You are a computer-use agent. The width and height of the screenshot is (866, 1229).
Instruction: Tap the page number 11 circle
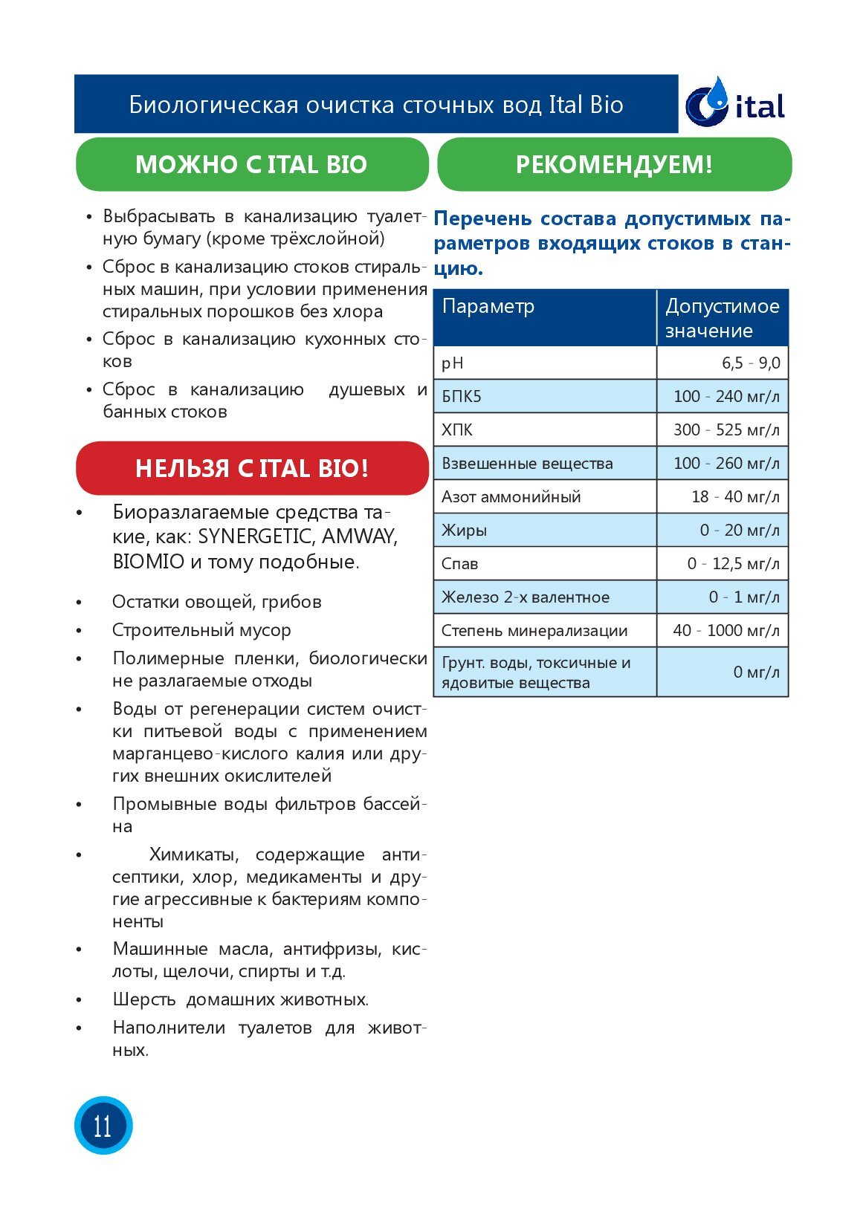(103, 1125)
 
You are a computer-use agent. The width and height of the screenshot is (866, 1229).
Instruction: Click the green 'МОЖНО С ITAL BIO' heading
(251, 164)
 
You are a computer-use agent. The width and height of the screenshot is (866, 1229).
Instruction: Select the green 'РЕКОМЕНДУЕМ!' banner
(614, 164)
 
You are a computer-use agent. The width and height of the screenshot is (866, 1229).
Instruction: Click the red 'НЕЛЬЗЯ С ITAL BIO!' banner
(252, 468)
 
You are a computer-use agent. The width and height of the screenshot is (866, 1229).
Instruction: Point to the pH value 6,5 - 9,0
(751, 363)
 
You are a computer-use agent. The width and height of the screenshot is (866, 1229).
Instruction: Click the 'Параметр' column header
(488, 307)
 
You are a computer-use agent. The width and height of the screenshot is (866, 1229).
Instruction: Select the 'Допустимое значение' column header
(722, 318)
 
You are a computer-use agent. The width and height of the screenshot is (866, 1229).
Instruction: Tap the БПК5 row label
(462, 397)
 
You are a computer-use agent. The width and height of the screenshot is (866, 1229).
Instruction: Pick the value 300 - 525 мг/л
(726, 430)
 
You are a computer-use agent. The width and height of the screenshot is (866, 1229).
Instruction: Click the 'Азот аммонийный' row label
(511, 497)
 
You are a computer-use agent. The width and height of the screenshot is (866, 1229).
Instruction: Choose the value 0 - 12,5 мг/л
(733, 564)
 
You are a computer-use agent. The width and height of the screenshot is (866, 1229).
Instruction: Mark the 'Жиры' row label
(465, 531)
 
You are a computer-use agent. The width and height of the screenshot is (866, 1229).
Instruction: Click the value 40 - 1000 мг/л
(726, 631)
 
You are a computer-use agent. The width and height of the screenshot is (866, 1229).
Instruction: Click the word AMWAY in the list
(359, 537)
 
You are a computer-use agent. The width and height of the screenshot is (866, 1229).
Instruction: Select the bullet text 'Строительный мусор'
(201, 630)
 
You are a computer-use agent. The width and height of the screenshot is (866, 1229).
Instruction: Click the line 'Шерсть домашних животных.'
(241, 999)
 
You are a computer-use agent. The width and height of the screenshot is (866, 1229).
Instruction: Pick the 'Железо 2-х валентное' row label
(526, 597)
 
